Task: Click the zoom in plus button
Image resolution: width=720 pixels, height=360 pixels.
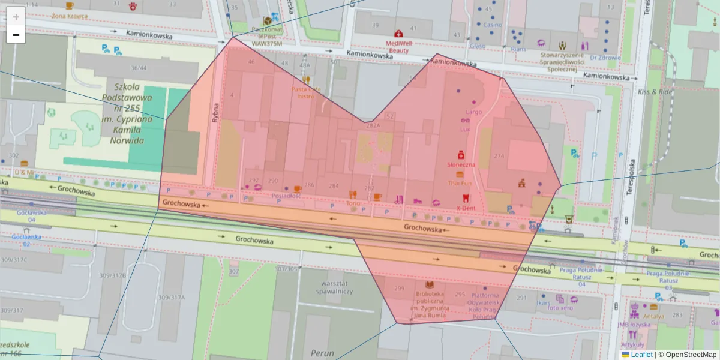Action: (16, 16)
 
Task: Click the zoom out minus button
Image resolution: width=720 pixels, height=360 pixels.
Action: (16, 35)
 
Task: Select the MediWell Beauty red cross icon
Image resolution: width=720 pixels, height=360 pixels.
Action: (398, 34)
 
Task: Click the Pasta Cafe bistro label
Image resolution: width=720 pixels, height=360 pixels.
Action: (306, 92)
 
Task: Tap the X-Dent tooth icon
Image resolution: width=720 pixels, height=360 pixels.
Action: (464, 198)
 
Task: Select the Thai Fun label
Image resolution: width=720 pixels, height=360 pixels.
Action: (460, 182)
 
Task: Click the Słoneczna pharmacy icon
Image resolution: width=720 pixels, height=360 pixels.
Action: (461, 154)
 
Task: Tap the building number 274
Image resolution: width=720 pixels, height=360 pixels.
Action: (499, 156)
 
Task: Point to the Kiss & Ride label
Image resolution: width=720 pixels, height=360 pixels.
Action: (655, 92)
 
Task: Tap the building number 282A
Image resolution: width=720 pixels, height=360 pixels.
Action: (373, 125)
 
